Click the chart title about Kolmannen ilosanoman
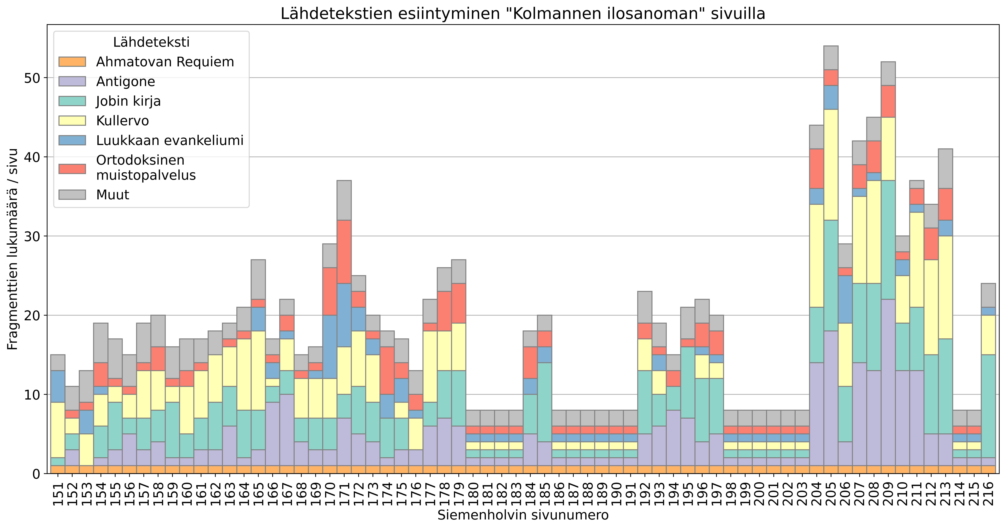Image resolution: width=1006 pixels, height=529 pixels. [523, 14]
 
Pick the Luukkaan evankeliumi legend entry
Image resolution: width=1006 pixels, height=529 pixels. [169, 140]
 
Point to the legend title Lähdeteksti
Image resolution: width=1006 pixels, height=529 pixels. [151, 42]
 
